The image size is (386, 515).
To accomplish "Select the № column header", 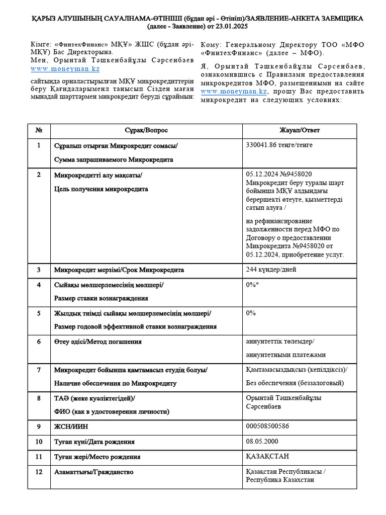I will pyautogui.click(x=39, y=130).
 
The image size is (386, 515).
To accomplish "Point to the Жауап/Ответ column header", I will pyautogui.click(x=300, y=130).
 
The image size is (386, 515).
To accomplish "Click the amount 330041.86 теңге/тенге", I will pyautogui.click(x=279, y=145).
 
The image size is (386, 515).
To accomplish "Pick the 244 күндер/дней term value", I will pyautogui.click(x=271, y=270).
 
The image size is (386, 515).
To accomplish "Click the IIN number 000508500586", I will pyautogui.click(x=267, y=426).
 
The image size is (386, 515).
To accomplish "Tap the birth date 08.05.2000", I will pyautogui.click(x=262, y=442).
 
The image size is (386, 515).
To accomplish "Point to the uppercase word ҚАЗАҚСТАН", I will pyautogui.click(x=267, y=456).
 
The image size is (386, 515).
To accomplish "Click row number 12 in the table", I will pyautogui.click(x=39, y=472).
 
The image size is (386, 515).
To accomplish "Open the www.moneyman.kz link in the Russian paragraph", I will pyautogui.click(x=234, y=92).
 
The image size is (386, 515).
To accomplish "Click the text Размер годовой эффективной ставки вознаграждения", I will pyautogui.click(x=135, y=327).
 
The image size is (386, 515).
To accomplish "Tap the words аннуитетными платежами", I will pyautogui.click(x=285, y=355).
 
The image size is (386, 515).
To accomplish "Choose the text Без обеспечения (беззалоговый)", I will pyautogui.click(x=295, y=383).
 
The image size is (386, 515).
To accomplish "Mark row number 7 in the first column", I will pyautogui.click(x=39, y=370).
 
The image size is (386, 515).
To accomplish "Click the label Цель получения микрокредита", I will pyautogui.click(x=101, y=189).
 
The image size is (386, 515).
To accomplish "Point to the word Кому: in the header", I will pyautogui.click(x=211, y=44).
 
